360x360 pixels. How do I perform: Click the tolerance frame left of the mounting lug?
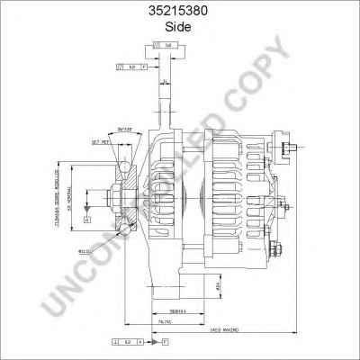coord(131,67)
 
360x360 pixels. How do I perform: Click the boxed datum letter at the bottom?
coord(165,343)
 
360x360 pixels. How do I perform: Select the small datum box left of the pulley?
coord(87,219)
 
